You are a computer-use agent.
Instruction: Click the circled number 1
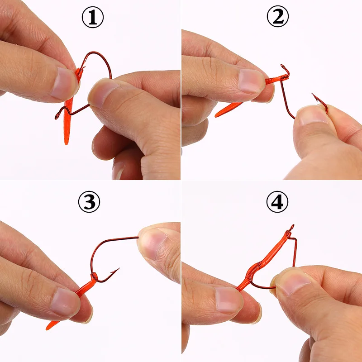coord(92,18)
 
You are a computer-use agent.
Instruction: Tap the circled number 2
coord(278,18)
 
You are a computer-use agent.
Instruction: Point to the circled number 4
coord(277,203)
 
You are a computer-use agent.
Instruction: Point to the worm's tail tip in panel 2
coord(216,116)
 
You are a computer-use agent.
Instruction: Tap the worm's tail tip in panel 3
coord(48,328)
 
